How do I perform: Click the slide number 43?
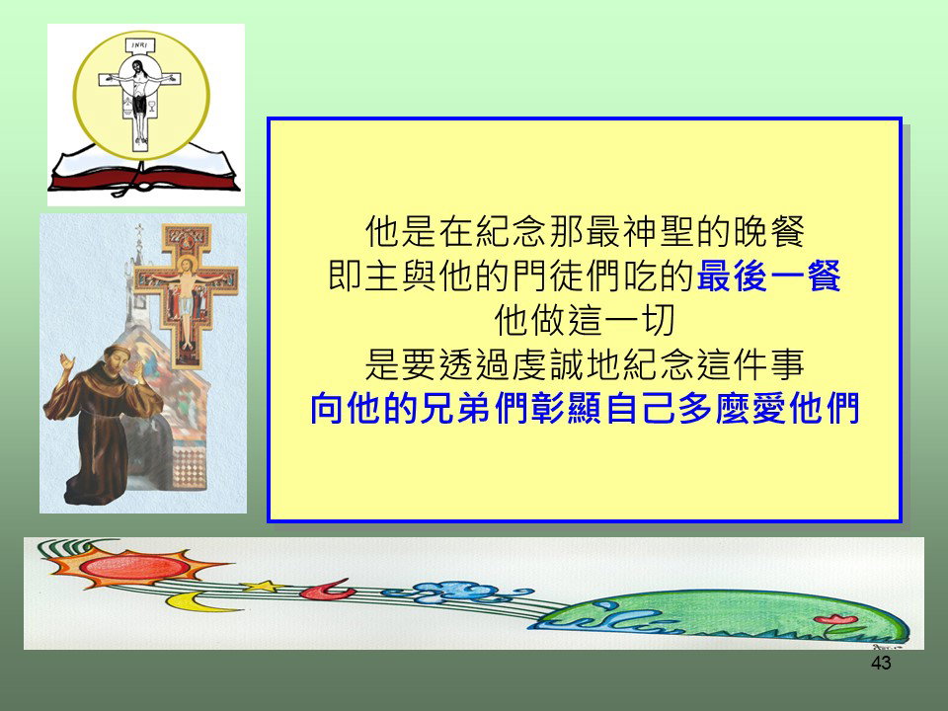(x=881, y=663)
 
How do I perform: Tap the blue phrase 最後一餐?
(x=768, y=276)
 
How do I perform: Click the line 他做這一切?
(x=584, y=320)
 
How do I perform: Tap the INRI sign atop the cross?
(x=140, y=45)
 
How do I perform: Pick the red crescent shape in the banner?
(x=327, y=590)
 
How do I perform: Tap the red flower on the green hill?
(x=835, y=620)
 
